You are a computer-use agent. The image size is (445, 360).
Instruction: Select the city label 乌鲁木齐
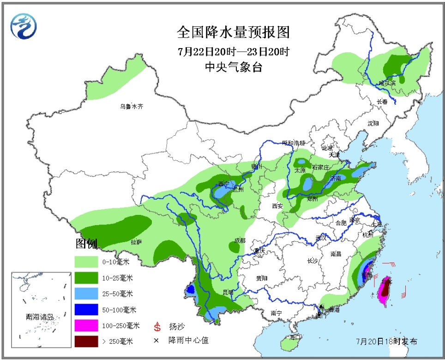tap(132, 106)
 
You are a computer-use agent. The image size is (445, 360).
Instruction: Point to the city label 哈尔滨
tap(387, 83)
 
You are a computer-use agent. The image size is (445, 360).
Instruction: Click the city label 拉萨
tap(136, 242)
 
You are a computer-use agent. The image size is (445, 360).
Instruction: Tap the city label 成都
tap(240, 240)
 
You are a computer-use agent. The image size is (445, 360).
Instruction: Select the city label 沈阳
tap(373, 123)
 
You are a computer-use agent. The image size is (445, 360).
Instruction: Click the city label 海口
tap(295, 337)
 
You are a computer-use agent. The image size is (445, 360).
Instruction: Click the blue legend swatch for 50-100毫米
tap(86, 310)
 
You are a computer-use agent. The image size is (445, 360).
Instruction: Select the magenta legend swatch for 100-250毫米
tap(86, 325)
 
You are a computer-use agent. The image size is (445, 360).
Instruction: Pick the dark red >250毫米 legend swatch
tap(86, 341)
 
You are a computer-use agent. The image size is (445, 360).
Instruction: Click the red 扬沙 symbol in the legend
tap(157, 327)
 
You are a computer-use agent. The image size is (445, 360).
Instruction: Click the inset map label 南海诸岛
tap(40, 317)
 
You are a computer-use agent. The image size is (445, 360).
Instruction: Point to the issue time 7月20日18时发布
tap(386, 342)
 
